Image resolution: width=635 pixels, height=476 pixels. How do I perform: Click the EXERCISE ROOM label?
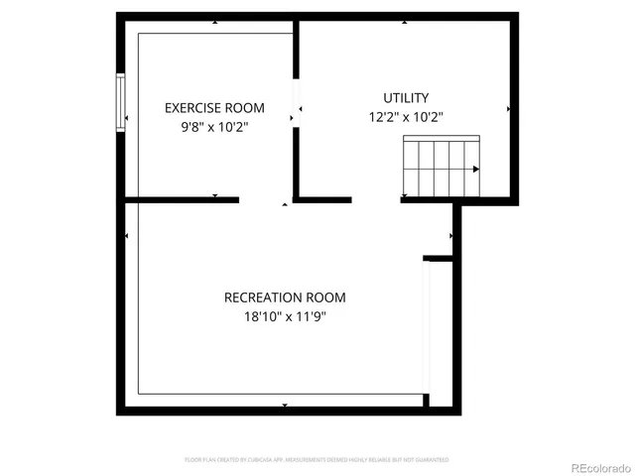point(214,108)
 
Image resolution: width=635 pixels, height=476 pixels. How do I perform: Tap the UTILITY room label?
point(406,98)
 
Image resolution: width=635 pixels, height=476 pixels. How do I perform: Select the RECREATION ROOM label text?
point(285,297)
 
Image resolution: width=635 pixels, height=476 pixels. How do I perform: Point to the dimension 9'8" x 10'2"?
point(214,127)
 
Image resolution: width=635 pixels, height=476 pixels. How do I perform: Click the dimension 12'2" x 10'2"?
point(406,117)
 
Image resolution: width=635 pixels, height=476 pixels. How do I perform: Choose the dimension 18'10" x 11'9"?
point(285,317)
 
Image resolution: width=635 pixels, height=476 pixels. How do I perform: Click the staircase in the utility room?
point(441,167)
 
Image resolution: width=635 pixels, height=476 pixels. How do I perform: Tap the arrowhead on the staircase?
point(476,170)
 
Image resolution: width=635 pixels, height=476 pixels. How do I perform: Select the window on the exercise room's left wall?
point(120,102)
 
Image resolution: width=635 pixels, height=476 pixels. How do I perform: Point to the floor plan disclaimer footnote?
point(317,460)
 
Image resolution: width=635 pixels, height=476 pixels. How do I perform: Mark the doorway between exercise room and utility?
point(296,102)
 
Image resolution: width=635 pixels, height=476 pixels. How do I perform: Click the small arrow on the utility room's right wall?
point(509,108)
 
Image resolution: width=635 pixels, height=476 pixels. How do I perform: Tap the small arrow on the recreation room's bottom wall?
point(285,405)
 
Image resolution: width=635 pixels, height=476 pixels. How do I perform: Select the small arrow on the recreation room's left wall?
point(127,236)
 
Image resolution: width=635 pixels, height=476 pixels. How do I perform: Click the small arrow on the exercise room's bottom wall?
point(214,195)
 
